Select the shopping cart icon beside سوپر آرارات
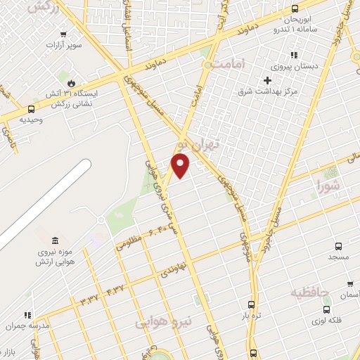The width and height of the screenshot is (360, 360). click(64, 34)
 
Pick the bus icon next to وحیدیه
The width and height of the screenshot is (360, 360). click(31, 109)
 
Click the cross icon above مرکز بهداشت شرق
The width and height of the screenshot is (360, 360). click(267, 80)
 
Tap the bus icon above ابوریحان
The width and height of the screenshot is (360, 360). click(294, 8)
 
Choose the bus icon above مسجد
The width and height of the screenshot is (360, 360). click(338, 246)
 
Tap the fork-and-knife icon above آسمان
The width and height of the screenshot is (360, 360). click(349, 284)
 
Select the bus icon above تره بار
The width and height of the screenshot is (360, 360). click(251, 305)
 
